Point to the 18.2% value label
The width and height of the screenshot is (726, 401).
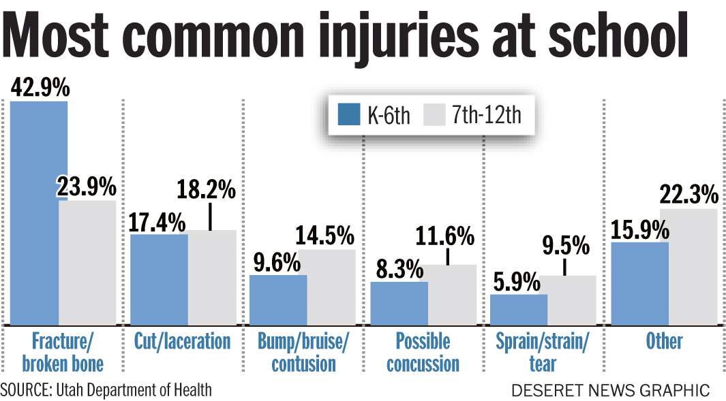(x=206, y=190)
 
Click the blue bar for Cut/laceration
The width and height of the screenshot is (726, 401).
(x=159, y=280)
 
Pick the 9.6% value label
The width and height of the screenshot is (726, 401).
(x=275, y=262)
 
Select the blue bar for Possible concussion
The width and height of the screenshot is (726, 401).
(x=399, y=304)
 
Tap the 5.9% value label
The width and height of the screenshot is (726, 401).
(x=516, y=282)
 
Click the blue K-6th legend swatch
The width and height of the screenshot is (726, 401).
(x=348, y=115)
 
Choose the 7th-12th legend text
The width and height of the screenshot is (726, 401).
(x=485, y=115)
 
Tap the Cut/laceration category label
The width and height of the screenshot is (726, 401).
(x=182, y=340)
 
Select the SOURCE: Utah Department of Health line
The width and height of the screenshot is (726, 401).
(x=106, y=390)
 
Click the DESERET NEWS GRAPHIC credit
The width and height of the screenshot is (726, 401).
(x=611, y=391)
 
